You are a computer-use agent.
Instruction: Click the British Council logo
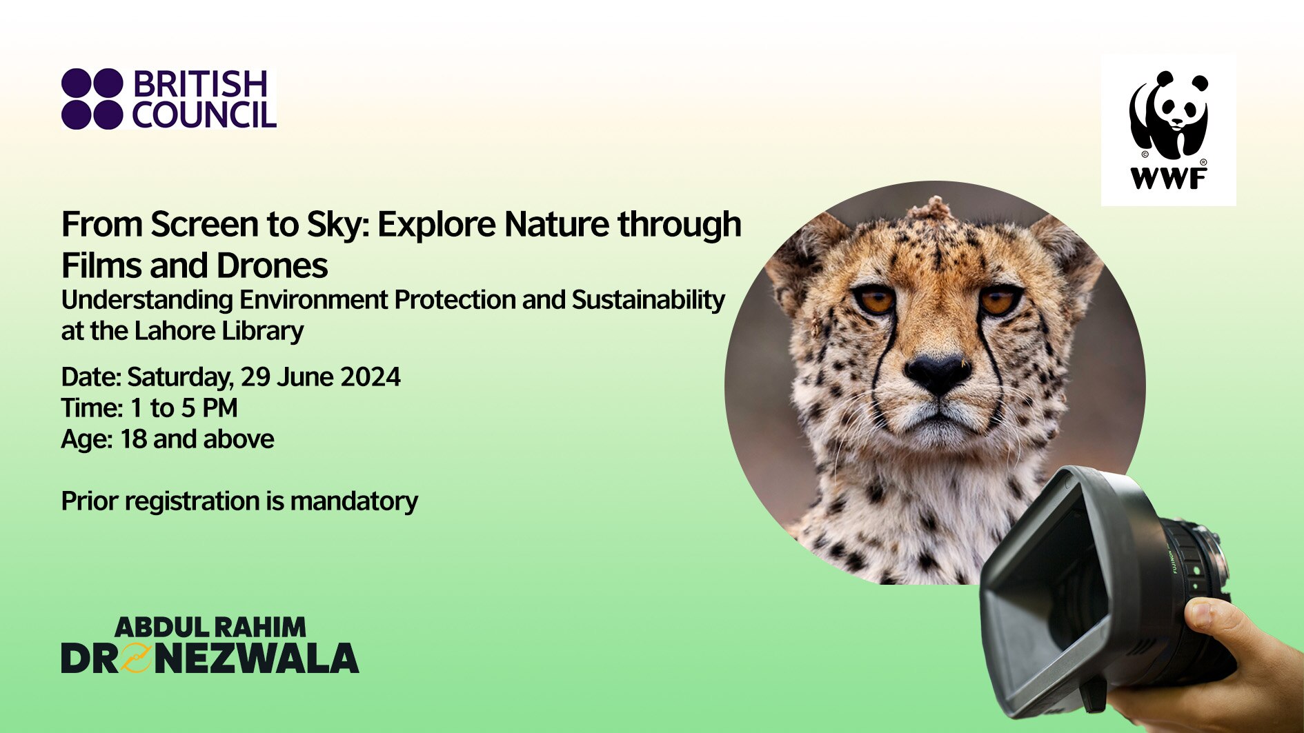(x=169, y=99)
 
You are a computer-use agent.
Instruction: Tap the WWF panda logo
(x=1168, y=117)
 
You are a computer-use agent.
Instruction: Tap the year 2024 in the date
(x=371, y=377)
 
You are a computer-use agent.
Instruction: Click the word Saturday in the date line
(x=180, y=377)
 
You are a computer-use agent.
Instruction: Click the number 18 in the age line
(x=134, y=439)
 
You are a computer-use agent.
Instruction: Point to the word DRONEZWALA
(x=210, y=658)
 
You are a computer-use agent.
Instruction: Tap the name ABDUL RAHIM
(x=210, y=627)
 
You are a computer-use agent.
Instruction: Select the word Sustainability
(x=648, y=301)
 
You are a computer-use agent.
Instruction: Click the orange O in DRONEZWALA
(x=137, y=658)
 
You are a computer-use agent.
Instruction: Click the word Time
(x=90, y=408)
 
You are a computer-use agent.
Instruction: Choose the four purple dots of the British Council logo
(x=92, y=99)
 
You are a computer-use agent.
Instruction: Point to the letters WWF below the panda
(x=1168, y=179)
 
